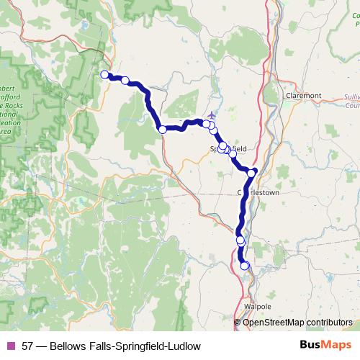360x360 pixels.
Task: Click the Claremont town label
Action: click(x=303, y=94)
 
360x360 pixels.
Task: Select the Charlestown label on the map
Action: click(x=258, y=193)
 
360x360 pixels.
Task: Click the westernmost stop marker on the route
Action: click(x=104, y=74)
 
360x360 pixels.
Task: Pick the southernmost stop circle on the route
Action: click(x=244, y=266)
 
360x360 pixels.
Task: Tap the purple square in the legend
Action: click(x=11, y=346)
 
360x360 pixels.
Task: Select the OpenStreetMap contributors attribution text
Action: click(x=297, y=322)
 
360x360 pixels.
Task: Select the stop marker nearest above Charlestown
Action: click(x=251, y=173)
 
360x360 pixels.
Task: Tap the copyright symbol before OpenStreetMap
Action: click(x=238, y=322)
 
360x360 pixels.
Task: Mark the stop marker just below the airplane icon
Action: click(x=207, y=125)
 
